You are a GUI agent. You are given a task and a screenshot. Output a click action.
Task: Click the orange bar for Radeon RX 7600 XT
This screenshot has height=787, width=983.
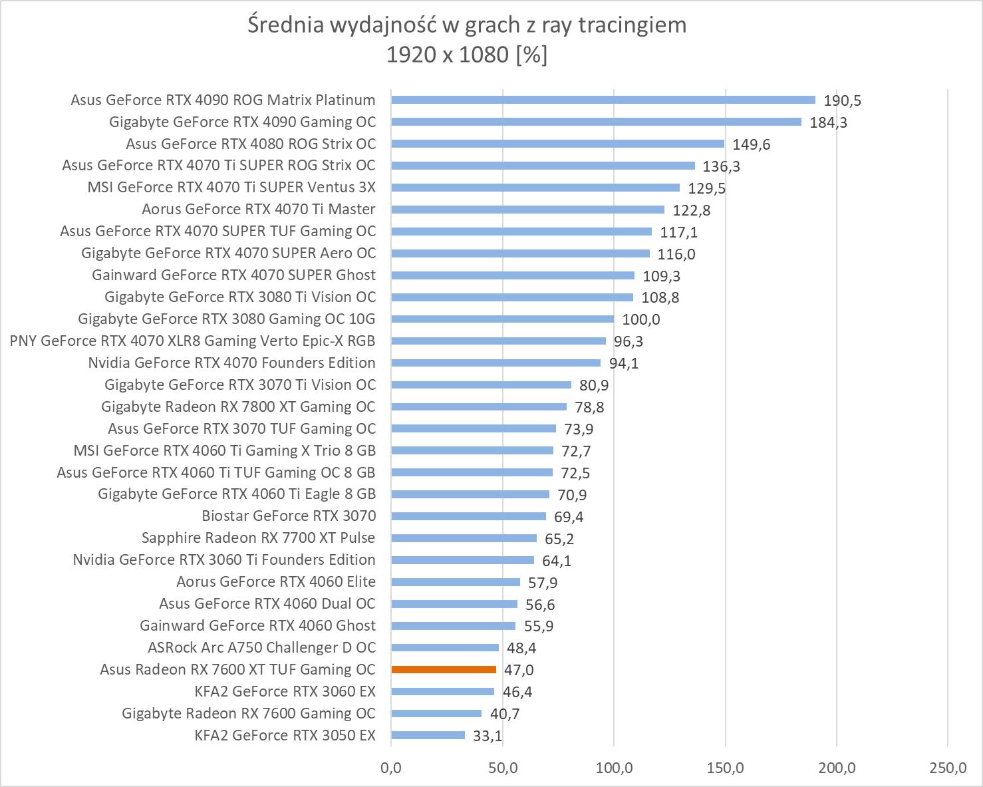click(444, 669)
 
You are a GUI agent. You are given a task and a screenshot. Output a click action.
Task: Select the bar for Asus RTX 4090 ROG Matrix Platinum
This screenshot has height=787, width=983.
click(603, 100)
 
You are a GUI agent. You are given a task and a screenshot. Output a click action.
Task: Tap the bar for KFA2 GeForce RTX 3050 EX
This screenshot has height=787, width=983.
click(428, 735)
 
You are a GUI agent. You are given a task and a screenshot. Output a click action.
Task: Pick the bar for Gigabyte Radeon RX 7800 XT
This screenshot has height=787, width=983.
click(479, 406)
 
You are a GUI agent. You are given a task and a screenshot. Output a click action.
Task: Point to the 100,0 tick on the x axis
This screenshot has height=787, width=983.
click(614, 768)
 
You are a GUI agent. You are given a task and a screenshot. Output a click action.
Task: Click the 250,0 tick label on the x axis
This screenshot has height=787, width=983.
click(948, 768)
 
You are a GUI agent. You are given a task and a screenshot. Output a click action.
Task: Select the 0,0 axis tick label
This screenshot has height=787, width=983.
click(391, 768)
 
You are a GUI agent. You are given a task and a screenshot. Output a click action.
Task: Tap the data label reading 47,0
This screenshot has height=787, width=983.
click(519, 670)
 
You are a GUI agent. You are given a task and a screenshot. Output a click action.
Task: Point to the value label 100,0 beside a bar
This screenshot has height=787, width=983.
click(641, 319)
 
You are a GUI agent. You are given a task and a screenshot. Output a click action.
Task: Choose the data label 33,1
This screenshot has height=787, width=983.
click(488, 736)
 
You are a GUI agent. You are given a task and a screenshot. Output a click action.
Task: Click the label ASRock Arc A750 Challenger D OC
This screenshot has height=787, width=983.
click(261, 647)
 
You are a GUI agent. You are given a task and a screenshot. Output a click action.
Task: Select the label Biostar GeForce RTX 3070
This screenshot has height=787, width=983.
click(289, 516)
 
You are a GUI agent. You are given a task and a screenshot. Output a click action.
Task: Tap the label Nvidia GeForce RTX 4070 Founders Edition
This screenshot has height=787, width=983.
click(231, 363)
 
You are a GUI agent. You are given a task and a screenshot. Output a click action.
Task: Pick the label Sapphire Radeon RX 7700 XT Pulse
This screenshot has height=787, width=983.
click(258, 538)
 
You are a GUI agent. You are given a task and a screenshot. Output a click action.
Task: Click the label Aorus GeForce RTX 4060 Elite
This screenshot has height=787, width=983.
click(275, 581)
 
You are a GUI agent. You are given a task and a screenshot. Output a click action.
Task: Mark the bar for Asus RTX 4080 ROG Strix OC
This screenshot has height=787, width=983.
click(557, 144)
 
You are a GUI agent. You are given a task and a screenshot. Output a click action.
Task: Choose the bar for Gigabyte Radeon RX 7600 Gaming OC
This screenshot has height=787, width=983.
click(436, 713)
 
